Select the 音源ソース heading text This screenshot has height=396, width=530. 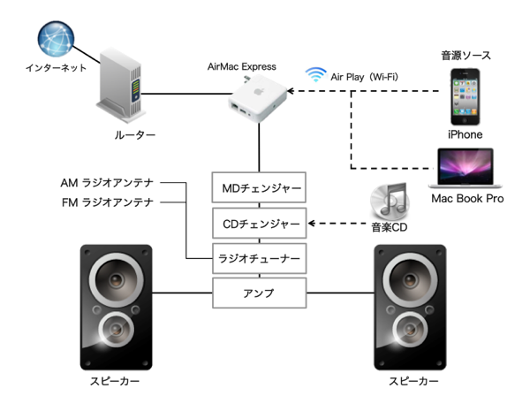[x=466, y=56]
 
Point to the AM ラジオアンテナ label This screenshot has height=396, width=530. [x=107, y=183]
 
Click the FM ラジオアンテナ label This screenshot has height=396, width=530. [x=107, y=202]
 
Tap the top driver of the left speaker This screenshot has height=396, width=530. [x=115, y=281]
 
